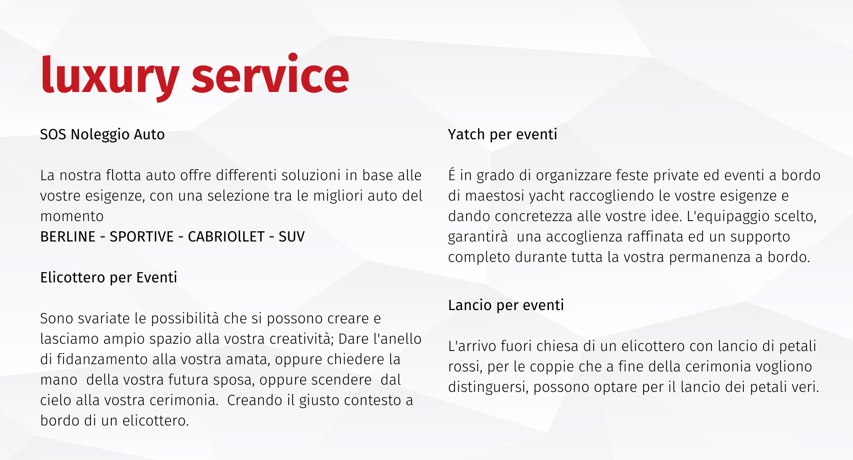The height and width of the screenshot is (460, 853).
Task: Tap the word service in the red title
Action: [x=270, y=73]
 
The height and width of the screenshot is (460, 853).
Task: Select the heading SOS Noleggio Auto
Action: [x=102, y=135]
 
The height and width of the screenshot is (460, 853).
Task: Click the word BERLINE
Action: [x=68, y=236]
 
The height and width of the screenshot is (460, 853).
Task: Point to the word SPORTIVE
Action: [x=142, y=236]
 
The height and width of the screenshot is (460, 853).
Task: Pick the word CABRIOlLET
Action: [x=226, y=236]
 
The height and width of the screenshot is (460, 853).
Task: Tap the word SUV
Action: [x=292, y=236]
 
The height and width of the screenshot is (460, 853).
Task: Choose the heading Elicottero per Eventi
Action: [x=109, y=278]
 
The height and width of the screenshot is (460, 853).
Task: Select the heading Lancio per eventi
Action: [x=506, y=305]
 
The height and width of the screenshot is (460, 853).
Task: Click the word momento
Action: [x=72, y=216]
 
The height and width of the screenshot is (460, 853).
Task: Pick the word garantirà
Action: [x=478, y=237]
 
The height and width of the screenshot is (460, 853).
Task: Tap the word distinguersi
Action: [x=488, y=387]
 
